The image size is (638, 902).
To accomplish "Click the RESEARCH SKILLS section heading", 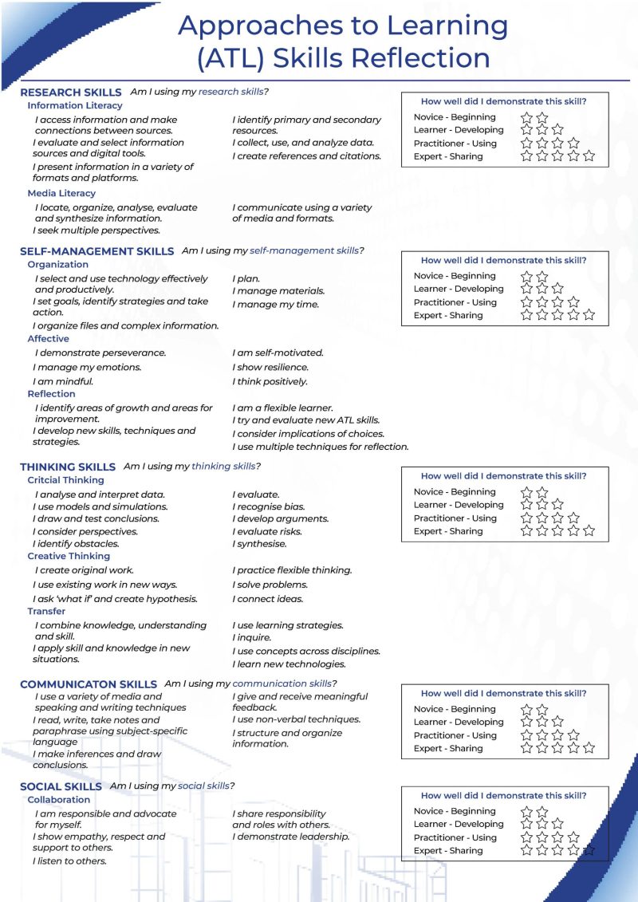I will click(x=71, y=93).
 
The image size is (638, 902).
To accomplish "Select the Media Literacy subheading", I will click(x=61, y=193).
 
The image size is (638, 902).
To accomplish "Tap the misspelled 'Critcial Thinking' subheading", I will click(x=65, y=480).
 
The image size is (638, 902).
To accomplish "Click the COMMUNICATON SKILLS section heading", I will click(x=88, y=684).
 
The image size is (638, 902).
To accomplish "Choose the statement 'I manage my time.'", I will click(x=275, y=304).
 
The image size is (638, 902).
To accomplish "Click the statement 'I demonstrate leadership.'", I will click(x=291, y=837).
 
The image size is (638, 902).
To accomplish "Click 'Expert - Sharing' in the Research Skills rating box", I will click(x=448, y=156).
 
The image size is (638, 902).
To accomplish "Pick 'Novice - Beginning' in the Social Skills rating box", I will click(x=455, y=811).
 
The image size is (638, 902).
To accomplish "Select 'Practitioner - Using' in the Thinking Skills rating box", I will click(x=455, y=518).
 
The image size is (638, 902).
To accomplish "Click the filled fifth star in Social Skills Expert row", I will click(x=589, y=851).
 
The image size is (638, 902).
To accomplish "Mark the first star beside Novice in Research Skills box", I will click(x=526, y=117).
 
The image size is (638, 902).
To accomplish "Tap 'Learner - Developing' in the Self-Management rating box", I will click(x=459, y=289).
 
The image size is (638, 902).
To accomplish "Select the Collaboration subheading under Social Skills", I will click(x=59, y=799).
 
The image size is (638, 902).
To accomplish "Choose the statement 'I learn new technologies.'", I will click(x=289, y=664).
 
